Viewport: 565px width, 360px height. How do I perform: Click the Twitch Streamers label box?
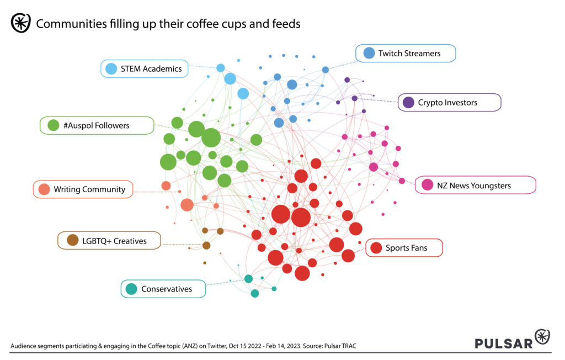pos(406,54)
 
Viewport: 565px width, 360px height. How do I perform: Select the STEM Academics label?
pos(144,69)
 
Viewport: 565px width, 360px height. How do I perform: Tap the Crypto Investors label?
pos(449,102)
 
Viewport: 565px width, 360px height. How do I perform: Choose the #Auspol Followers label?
pos(97,125)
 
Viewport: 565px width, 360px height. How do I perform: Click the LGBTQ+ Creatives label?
pos(109,241)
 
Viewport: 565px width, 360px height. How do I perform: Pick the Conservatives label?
pos(163,289)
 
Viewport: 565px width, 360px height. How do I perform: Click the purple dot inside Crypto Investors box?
pos(408,102)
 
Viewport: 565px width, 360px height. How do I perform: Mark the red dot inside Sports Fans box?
pos(376,248)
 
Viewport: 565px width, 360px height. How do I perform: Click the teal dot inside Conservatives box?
pos(131,289)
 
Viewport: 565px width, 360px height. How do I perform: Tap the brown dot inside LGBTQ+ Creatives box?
pos(72,240)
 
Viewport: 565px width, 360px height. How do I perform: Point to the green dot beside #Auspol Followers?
pos(54,125)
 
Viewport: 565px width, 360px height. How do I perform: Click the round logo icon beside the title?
pos(20,23)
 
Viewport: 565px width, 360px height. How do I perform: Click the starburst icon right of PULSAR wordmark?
pos(542,337)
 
